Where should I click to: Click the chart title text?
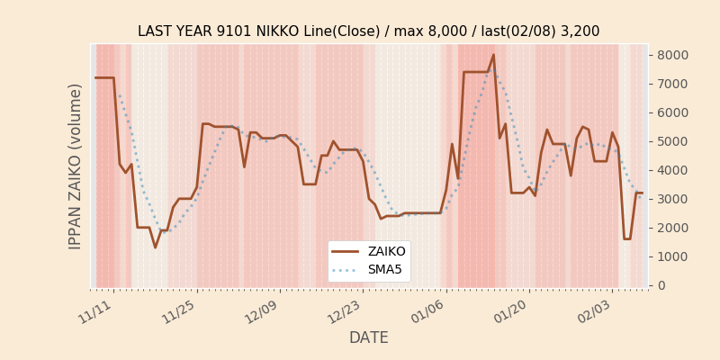click(x=368, y=31)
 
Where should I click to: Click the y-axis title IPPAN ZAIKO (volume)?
click(x=76, y=166)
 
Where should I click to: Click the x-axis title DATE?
click(x=368, y=337)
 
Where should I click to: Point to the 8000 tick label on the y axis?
click(x=674, y=55)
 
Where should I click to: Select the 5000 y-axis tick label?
click(x=674, y=141)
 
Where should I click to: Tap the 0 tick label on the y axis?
click(x=661, y=285)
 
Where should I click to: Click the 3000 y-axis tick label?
click(x=674, y=199)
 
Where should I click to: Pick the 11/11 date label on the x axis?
click(x=95, y=311)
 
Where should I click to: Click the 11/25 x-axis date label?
click(x=178, y=311)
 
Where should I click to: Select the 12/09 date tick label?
click(x=261, y=311)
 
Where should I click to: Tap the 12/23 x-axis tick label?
click(x=345, y=311)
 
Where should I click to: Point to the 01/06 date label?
click(x=427, y=311)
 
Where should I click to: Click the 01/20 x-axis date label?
click(x=510, y=311)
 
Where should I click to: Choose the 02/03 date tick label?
click(x=593, y=311)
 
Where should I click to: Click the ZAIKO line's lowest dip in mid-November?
click(x=155, y=247)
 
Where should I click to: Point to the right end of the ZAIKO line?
click(x=642, y=193)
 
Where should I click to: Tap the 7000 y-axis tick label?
click(x=674, y=84)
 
